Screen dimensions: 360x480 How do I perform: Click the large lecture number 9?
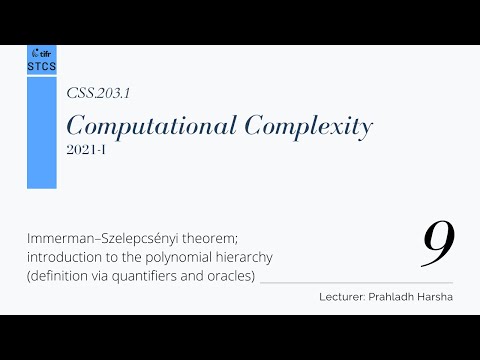tap(437, 243)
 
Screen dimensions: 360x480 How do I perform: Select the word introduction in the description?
tap(64, 257)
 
